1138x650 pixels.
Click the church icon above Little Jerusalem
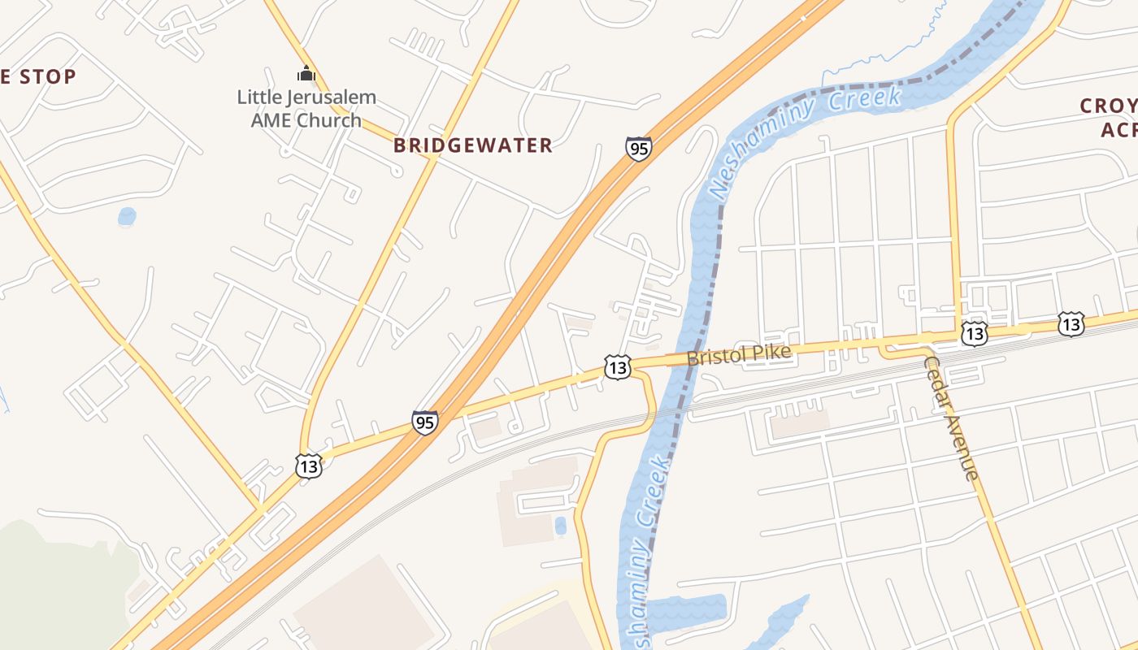tap(306, 74)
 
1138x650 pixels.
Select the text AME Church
tap(306, 120)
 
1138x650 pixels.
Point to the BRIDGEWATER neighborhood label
tap(473, 145)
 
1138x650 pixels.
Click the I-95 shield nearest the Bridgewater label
tap(638, 149)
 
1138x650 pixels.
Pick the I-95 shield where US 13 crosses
tap(424, 422)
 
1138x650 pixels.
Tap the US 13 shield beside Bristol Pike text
tap(618, 366)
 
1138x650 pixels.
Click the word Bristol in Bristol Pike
tap(715, 357)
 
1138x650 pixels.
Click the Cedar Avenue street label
tap(950, 418)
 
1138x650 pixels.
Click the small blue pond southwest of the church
tap(127, 217)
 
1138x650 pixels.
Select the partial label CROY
tap(1109, 106)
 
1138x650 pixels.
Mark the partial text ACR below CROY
tap(1118, 130)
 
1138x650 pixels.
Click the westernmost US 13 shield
tap(309, 466)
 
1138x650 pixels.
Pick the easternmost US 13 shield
tap(1071, 323)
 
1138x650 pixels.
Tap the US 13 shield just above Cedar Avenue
tap(974, 332)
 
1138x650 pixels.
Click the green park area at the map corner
tap(49, 585)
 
